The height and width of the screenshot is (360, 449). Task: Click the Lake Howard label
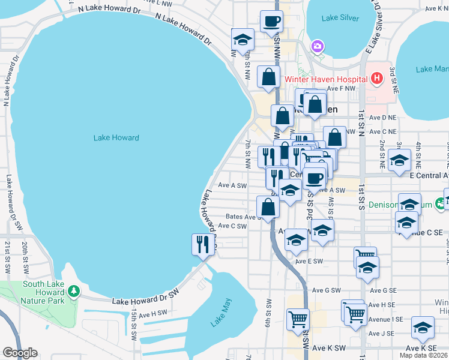tap(116, 138)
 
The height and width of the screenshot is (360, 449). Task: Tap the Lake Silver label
tap(340, 18)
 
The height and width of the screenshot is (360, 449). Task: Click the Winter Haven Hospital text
tap(325, 79)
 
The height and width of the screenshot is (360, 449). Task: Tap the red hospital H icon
tap(376, 78)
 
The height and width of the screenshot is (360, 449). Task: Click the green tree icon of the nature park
tap(74, 291)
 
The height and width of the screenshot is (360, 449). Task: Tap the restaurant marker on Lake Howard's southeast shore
tap(202, 244)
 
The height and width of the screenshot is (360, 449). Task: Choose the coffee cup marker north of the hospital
tap(271, 22)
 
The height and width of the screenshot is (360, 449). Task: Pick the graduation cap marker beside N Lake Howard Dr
tap(243, 40)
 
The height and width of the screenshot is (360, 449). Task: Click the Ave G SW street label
tap(327, 290)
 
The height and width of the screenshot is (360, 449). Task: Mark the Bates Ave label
tap(241, 217)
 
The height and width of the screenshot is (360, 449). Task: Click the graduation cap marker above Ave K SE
tap(423, 328)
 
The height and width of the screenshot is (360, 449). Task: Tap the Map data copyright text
tap(424, 355)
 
